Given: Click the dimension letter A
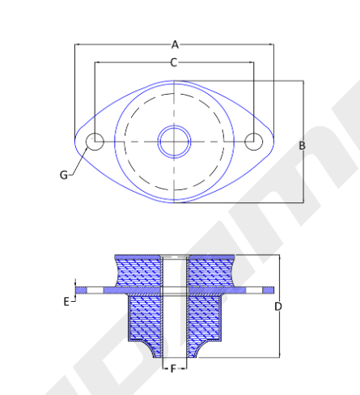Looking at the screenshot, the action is coord(175,45).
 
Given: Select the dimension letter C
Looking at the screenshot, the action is coord(174,62).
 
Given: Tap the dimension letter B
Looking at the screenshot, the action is coord(303,146).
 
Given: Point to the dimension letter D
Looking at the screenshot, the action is coord(278,307).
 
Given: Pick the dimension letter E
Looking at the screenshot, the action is coord(66,302).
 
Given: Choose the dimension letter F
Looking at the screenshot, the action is coord(173,368).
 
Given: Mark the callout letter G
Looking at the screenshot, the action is coord(64,175).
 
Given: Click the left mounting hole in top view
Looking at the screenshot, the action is coord(95,142).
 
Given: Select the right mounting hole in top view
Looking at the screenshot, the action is coord(254,142).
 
